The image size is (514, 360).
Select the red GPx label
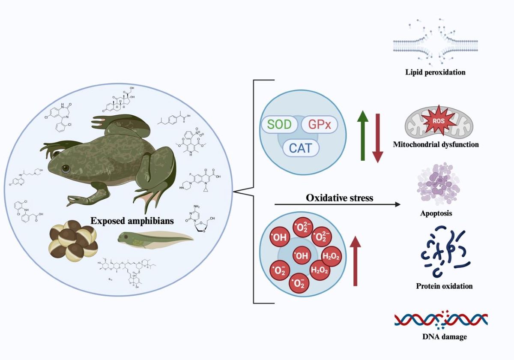(x=319, y=125)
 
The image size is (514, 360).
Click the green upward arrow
(x=362, y=135)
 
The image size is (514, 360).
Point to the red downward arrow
(x=377, y=138)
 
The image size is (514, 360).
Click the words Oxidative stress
(x=339, y=198)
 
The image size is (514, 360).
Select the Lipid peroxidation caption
(x=435, y=72)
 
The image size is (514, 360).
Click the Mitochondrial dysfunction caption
(x=436, y=144)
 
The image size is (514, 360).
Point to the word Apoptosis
(x=436, y=213)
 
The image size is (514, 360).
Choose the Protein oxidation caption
(x=444, y=286)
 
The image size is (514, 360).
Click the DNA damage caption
(x=444, y=337)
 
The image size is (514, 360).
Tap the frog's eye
(x=66, y=169)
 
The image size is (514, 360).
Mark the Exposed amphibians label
(x=132, y=221)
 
